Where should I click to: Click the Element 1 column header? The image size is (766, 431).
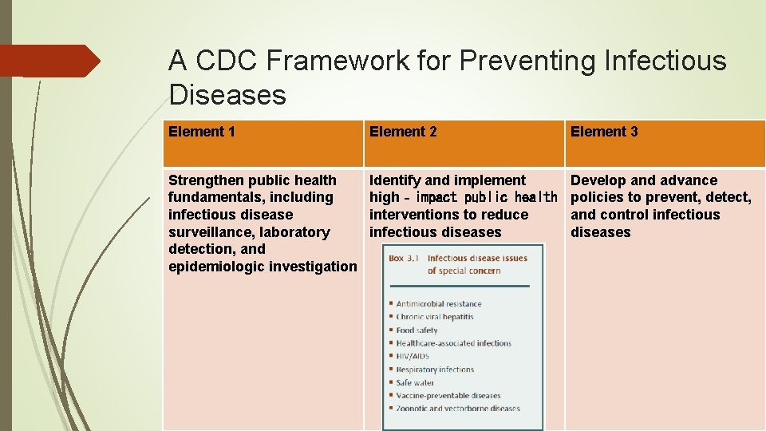click(x=202, y=132)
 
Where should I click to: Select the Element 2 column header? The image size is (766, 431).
click(x=403, y=132)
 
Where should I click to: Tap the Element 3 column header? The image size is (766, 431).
click(x=604, y=132)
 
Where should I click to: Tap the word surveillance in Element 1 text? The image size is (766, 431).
click(x=208, y=232)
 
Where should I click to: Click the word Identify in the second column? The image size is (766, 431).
click(x=397, y=180)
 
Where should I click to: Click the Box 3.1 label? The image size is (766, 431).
click(x=405, y=259)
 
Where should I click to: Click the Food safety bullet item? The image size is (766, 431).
click(x=417, y=330)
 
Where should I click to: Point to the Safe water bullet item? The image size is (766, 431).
click(x=415, y=382)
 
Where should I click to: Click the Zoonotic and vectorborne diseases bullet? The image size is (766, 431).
click(x=457, y=409)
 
